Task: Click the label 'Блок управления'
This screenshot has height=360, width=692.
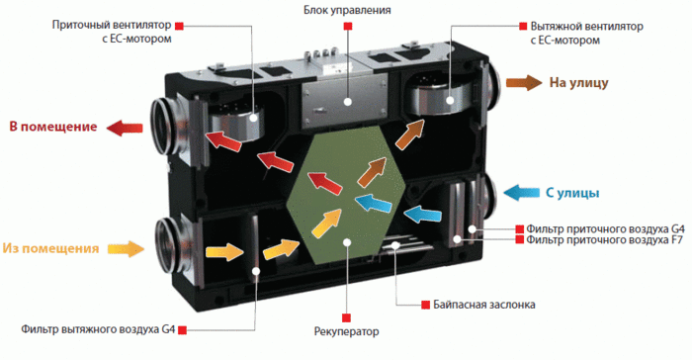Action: pos(347,10)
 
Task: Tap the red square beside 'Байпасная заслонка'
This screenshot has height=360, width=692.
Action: pos(425,305)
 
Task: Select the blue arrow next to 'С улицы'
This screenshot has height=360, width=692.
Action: pos(522,193)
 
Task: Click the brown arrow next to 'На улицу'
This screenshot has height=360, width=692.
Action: pos(524,83)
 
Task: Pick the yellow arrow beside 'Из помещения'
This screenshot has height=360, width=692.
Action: pos(126,248)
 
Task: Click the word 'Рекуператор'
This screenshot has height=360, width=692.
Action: pos(346,331)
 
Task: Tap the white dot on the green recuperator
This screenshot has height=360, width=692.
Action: pos(347,242)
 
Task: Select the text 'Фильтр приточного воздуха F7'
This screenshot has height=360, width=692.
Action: pos(605,240)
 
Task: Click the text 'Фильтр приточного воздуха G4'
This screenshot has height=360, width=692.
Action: pos(605,228)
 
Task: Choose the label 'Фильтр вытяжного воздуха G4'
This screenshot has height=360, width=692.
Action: pos(98,329)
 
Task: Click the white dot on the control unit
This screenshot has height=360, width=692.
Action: pos(348,102)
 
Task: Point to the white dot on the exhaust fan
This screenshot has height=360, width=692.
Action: pos(450,100)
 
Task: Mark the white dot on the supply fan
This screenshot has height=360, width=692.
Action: pos(254,118)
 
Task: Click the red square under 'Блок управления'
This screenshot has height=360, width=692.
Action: pos(348,27)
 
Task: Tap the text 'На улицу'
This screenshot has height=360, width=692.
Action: pos(578,83)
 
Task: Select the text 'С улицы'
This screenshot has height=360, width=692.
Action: pos(572,193)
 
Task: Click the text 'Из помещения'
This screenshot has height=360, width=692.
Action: pos(50,248)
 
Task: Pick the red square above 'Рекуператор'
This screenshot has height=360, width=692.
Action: pos(346,317)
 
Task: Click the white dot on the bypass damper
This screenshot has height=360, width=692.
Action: pos(395,244)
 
